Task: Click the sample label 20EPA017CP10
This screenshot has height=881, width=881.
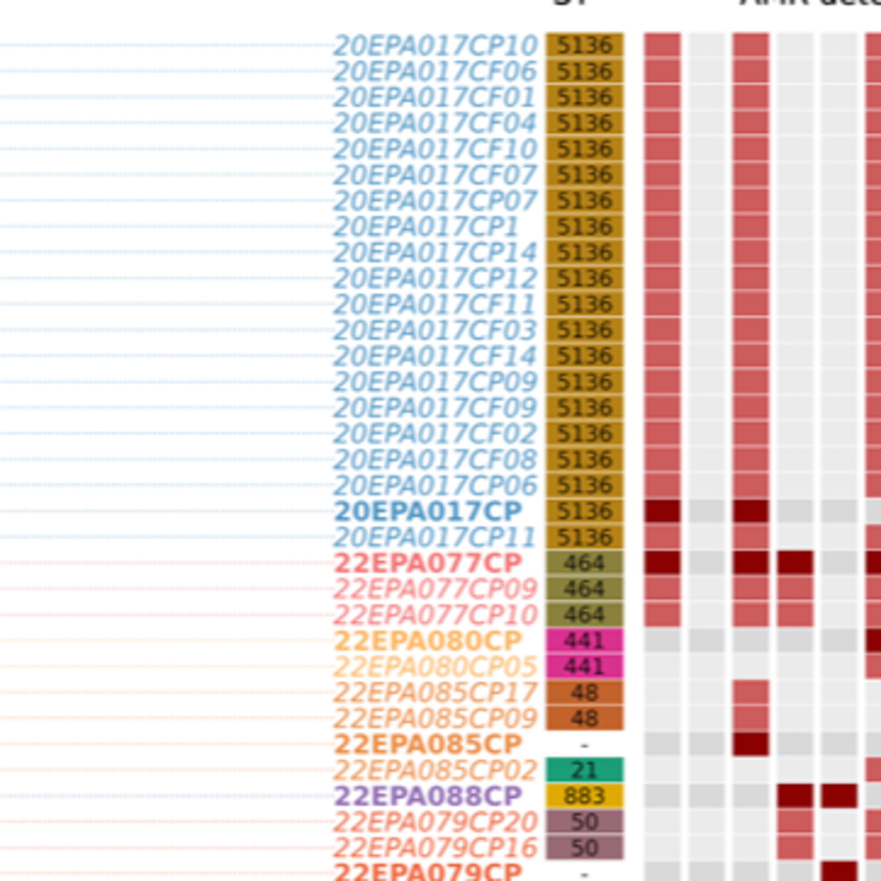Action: [x=436, y=46]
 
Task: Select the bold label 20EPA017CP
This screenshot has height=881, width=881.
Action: [x=428, y=511]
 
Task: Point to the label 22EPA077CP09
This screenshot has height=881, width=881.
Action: [x=436, y=589]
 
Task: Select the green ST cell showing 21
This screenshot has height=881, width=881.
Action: [x=584, y=771]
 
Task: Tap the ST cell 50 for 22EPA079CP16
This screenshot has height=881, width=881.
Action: [x=584, y=848]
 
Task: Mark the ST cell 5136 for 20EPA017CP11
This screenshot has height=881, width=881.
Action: [x=584, y=537]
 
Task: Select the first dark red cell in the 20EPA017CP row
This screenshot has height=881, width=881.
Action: [x=662, y=511]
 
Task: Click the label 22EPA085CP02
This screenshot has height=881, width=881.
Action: [x=436, y=771]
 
